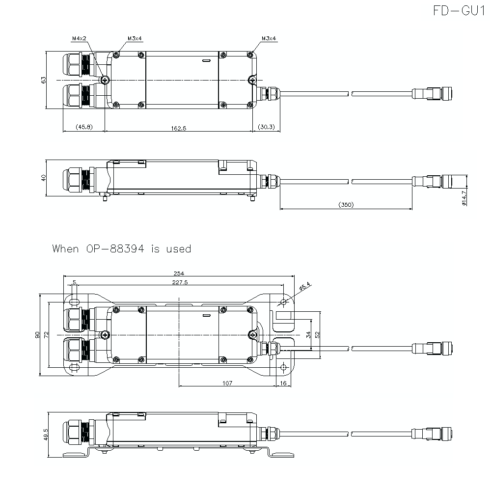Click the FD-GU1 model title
(459, 11)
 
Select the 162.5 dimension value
(179, 128)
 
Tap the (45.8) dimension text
(84, 128)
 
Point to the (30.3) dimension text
(267, 128)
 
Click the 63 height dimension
(43, 80)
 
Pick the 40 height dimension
(43, 178)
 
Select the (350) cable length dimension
(346, 205)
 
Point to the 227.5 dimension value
(180, 282)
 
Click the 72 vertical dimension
(46, 335)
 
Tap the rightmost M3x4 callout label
(269, 38)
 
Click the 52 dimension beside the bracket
(318, 334)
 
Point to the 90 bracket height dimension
(37, 335)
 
